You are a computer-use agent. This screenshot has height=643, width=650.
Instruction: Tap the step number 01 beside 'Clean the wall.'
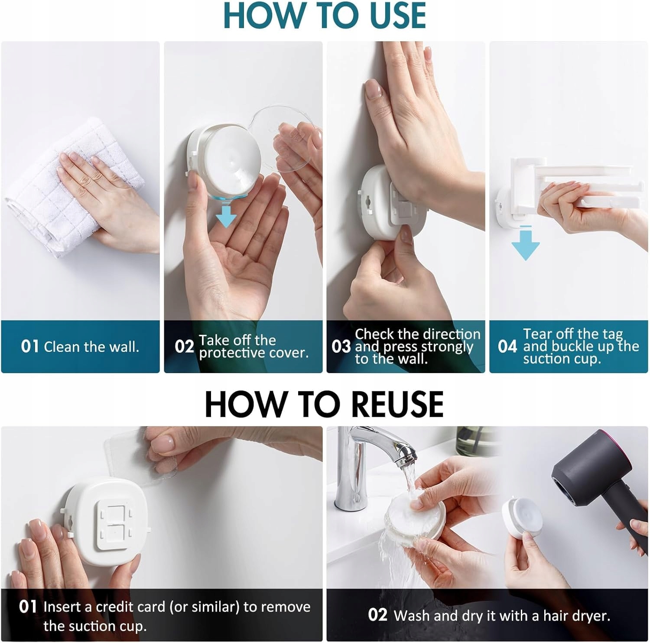tap(30, 346)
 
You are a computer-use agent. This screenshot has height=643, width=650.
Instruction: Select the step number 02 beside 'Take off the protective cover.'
tap(184, 346)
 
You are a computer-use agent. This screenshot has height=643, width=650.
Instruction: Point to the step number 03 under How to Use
tap(341, 346)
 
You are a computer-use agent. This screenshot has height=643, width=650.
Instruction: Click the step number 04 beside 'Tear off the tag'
tap(507, 346)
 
